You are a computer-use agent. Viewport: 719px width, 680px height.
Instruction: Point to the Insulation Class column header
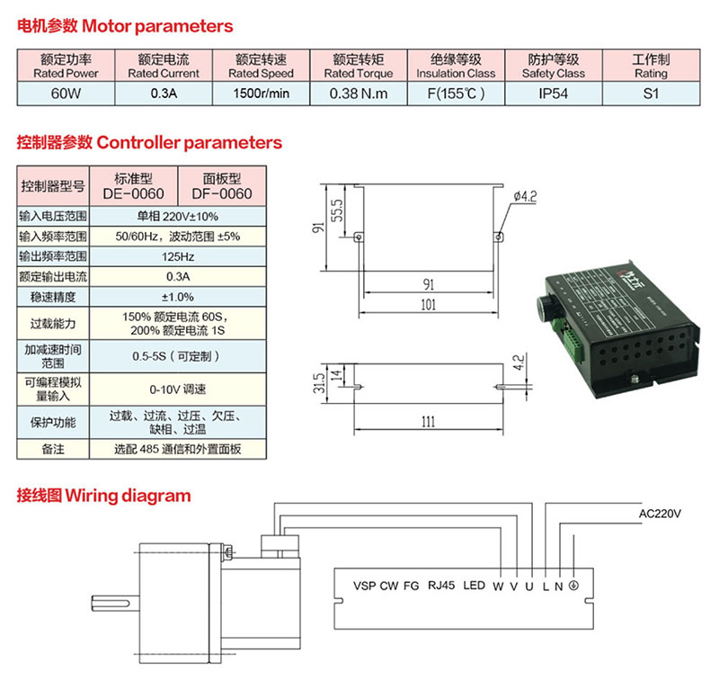(x=456, y=67)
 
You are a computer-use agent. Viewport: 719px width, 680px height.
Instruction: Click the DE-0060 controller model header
(x=133, y=186)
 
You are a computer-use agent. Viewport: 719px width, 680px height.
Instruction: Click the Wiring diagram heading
(x=103, y=496)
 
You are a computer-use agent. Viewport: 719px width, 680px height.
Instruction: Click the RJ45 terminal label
(x=442, y=586)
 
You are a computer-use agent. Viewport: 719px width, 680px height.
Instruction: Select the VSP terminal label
(x=363, y=586)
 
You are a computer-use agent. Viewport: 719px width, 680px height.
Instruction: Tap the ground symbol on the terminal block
(x=573, y=586)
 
